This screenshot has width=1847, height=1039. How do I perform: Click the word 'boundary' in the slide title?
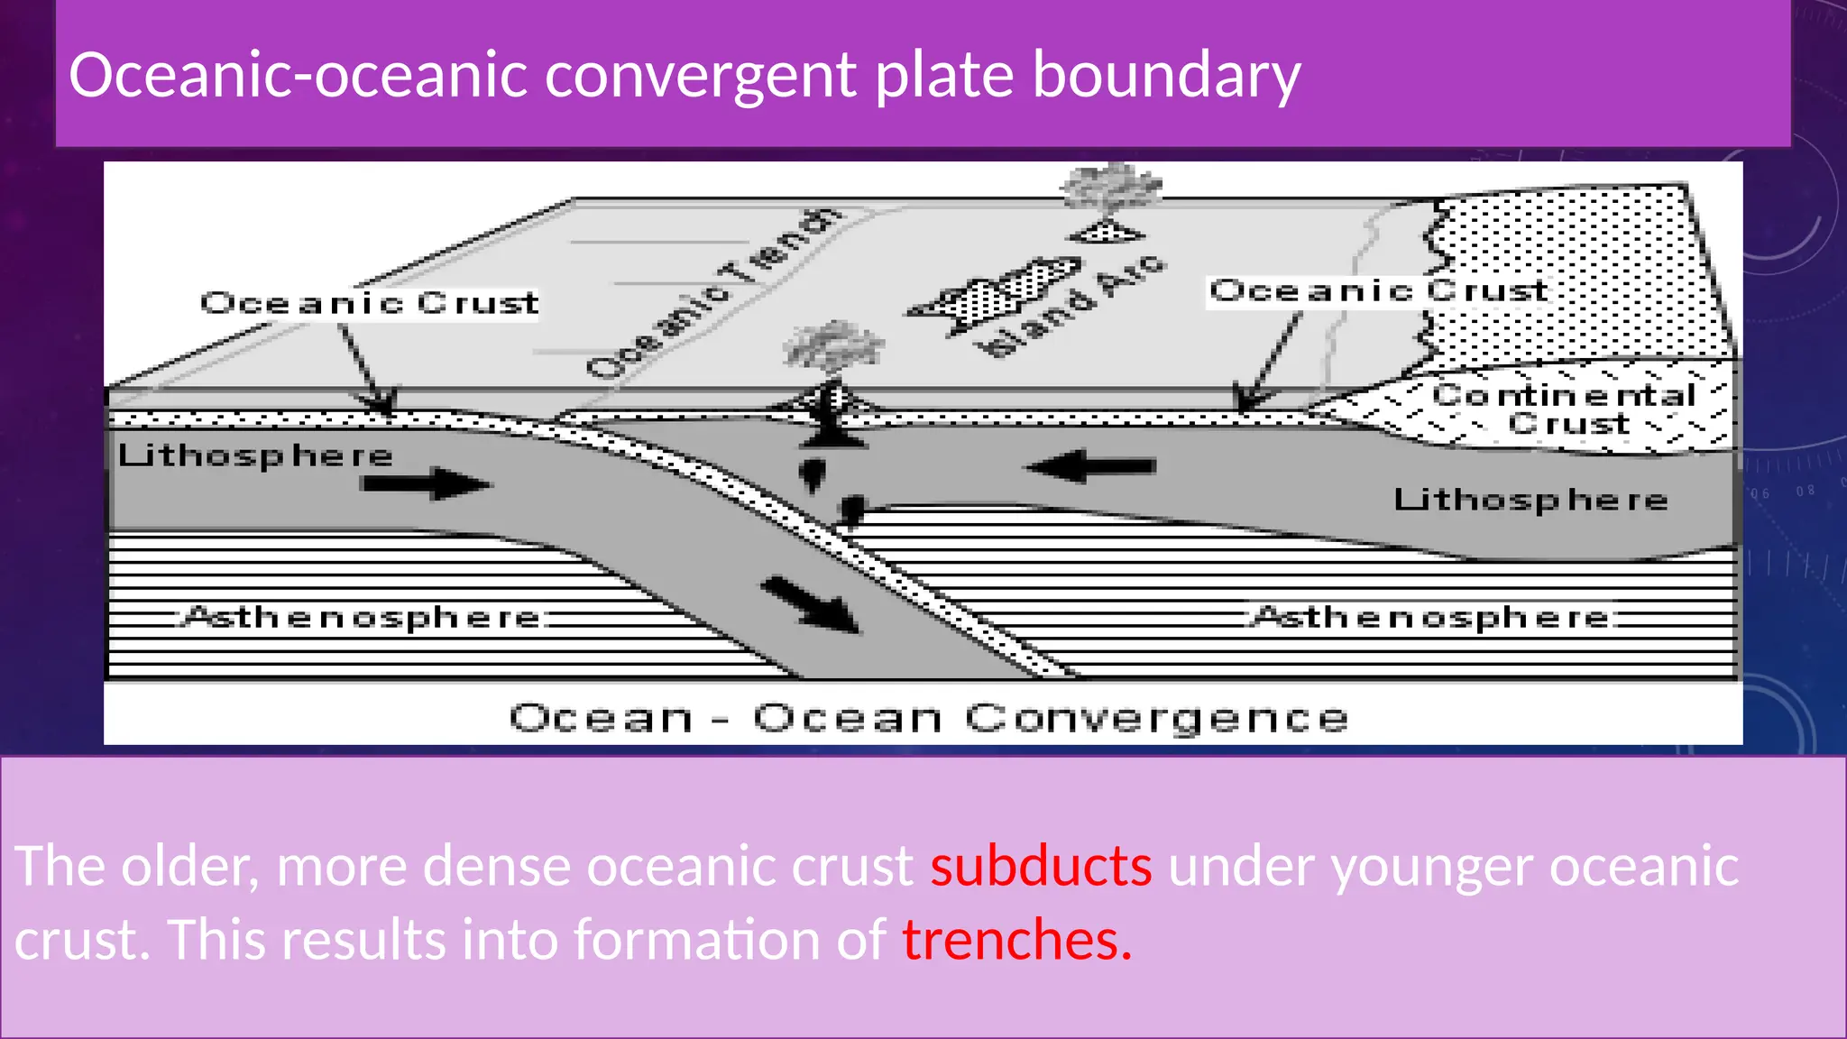pyautogui.click(x=1165, y=76)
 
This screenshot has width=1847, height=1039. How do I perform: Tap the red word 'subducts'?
pyautogui.click(x=1041, y=867)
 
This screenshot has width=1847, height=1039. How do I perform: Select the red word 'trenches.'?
pyautogui.click(x=1016, y=941)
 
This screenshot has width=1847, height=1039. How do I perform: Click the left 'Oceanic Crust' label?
pyautogui.click(x=369, y=303)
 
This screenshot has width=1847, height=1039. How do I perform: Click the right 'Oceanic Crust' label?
pyautogui.click(x=1378, y=291)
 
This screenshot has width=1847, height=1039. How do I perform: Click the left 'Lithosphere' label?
pyautogui.click(x=255, y=455)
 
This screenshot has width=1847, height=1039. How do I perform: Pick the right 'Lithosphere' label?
pyautogui.click(x=1530, y=500)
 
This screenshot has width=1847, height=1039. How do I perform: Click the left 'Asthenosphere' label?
pyautogui.click(x=363, y=618)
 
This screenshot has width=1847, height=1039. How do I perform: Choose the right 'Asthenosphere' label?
pyautogui.click(x=1431, y=618)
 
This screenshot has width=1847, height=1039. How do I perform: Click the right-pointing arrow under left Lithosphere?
pyautogui.click(x=426, y=484)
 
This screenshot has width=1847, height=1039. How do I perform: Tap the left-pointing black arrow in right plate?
pyautogui.click(x=1091, y=466)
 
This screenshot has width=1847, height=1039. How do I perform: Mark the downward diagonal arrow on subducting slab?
pyautogui.click(x=811, y=605)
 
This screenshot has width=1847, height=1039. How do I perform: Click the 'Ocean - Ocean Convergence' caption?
pyautogui.click(x=928, y=718)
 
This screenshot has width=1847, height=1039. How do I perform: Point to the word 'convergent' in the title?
pyautogui.click(x=700, y=76)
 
